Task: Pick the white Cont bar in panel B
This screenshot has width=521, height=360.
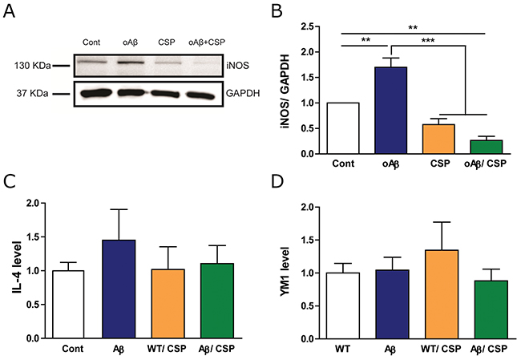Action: click(342, 127)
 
